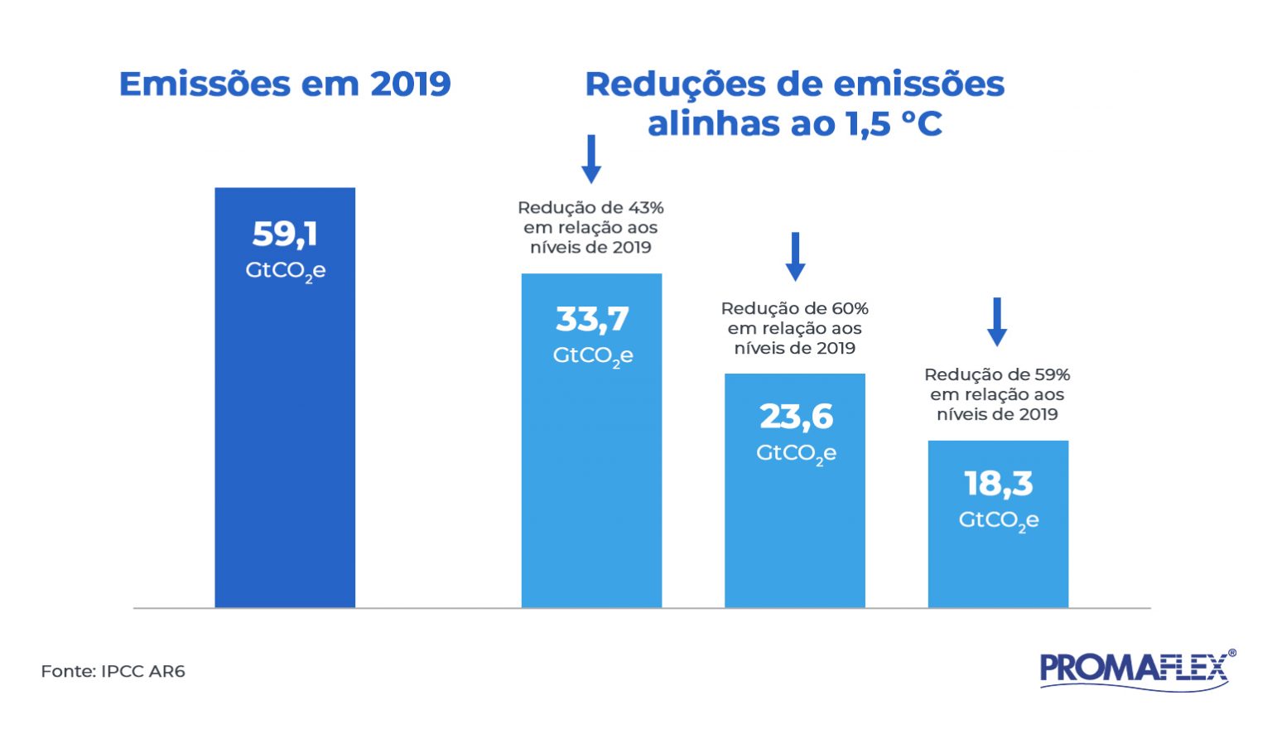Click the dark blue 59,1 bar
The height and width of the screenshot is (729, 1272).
285,431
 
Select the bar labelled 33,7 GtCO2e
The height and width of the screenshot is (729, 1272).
591,480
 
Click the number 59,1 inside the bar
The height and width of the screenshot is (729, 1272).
285,234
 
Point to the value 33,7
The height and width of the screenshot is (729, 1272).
592,319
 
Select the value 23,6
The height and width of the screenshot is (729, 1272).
796,417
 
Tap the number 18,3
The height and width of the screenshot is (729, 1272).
999,484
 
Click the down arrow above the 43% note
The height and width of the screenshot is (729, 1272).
591,159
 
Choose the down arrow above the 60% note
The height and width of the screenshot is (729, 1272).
795,256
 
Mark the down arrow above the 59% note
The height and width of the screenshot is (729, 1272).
997,321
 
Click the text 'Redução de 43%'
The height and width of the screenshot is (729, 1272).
590,208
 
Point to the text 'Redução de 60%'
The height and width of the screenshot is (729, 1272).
794,309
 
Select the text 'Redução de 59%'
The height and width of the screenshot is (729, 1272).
997,375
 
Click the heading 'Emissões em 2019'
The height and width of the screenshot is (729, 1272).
285,84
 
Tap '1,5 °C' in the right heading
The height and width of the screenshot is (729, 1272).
894,124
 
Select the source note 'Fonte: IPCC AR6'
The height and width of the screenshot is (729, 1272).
113,672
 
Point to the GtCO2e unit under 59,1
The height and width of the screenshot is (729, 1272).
285,272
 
